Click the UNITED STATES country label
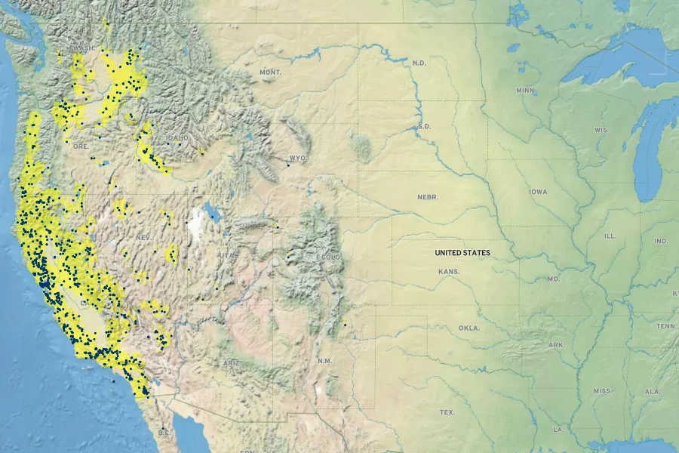(x=462, y=253)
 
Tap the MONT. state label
(x=270, y=72)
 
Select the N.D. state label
(x=419, y=63)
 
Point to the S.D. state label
(x=424, y=126)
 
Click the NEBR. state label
(x=428, y=197)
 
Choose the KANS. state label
(x=449, y=271)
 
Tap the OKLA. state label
(x=469, y=328)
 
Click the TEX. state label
(x=447, y=412)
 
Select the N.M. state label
(x=324, y=361)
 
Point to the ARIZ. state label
(x=232, y=363)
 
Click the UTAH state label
(x=229, y=256)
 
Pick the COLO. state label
(x=331, y=257)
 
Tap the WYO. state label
(x=298, y=159)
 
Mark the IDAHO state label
(x=178, y=138)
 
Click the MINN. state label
(x=525, y=91)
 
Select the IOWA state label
(x=538, y=192)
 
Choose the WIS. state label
(x=601, y=130)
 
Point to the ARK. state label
(x=557, y=345)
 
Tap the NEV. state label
(x=143, y=237)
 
